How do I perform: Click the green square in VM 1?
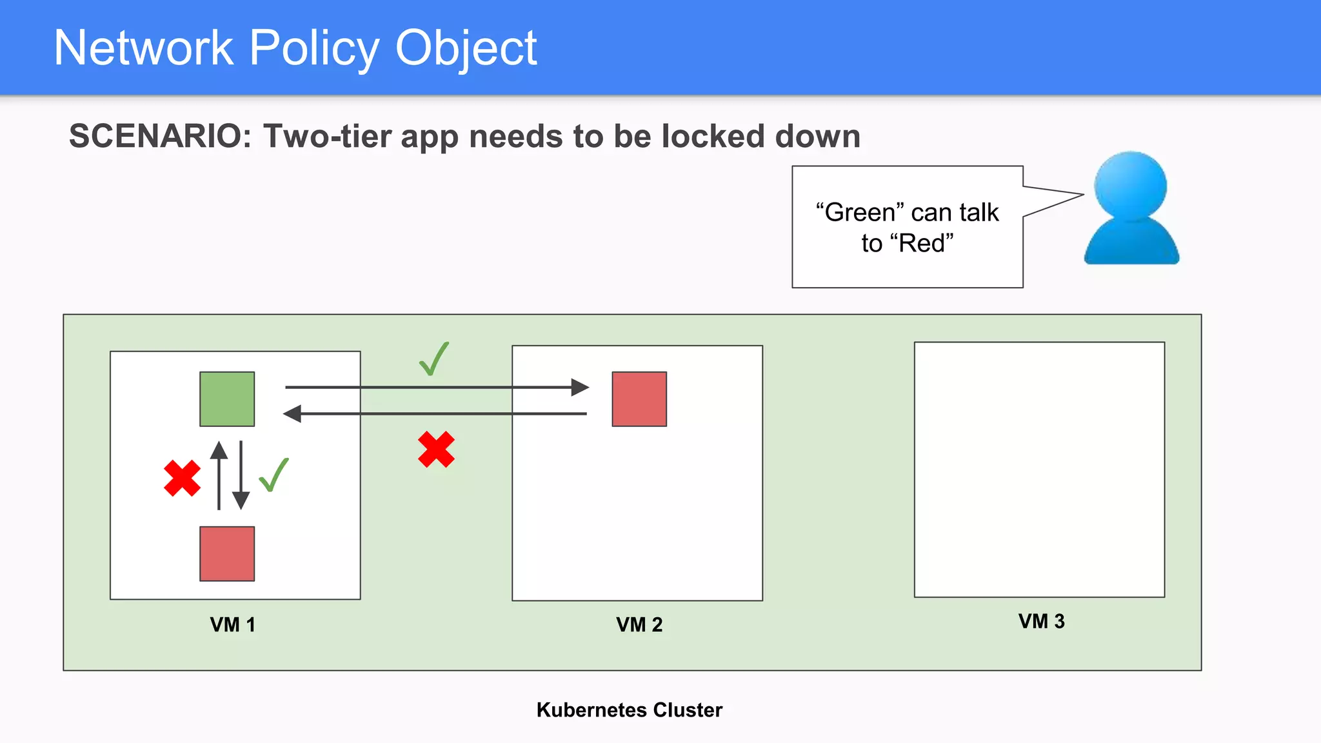[227, 399]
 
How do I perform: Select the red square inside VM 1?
[227, 553]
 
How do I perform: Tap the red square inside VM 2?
[639, 399]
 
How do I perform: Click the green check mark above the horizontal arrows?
[434, 359]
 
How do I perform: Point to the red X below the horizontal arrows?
[436, 449]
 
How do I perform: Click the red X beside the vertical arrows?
[182, 478]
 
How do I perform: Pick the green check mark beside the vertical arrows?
[273, 475]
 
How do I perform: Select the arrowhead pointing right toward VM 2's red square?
[580, 387]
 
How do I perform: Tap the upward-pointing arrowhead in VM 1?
[219, 450]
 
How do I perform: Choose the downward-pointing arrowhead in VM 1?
[241, 500]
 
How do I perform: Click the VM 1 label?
[233, 624]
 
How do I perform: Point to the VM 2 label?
[639, 624]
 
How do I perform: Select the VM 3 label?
[1041, 621]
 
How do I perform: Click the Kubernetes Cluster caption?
[630, 709]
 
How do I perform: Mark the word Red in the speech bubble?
[921, 243]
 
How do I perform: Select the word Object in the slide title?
[466, 48]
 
